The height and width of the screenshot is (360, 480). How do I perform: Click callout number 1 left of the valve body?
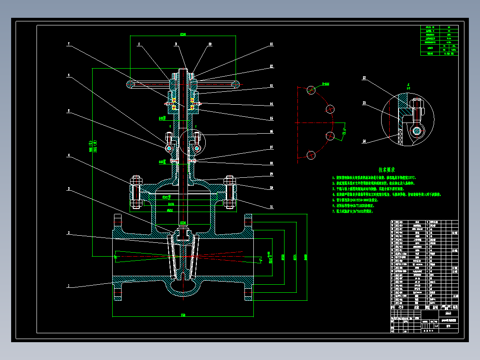[69, 286]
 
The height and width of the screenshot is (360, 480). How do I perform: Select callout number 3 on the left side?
[69, 189]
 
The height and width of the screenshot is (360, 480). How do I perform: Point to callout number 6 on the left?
[69, 75]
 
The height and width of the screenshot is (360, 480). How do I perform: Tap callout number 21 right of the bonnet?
[271, 207]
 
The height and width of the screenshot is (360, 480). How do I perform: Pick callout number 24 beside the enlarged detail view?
[364, 141]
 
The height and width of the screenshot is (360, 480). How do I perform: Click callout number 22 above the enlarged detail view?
[364, 78]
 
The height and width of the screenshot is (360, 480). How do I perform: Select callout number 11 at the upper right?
[271, 44]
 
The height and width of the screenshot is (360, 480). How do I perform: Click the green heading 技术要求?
[387, 170]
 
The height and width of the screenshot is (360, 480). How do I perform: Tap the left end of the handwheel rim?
[130, 84]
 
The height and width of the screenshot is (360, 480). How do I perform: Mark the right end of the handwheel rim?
[236, 84]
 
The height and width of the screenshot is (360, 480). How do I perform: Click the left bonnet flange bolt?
[136, 193]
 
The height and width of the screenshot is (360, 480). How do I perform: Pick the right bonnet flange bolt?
[230, 193]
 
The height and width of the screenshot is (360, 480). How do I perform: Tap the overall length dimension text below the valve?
[183, 315]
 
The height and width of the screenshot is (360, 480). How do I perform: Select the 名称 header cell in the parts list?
[417, 307]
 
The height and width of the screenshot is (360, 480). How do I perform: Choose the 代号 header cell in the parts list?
[400, 307]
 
